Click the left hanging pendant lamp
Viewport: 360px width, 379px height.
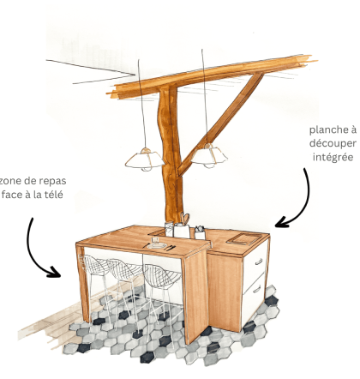tap(144, 159)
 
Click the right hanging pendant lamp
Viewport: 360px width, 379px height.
tap(209, 156)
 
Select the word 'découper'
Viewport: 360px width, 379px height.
tap(333, 143)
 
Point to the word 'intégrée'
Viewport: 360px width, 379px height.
tap(333, 157)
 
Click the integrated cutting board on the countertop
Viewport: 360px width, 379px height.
tap(244, 238)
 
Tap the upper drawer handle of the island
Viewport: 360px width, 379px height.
tap(259, 262)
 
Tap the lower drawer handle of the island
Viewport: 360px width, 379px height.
tap(257, 290)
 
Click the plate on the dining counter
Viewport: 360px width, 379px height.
tap(157, 246)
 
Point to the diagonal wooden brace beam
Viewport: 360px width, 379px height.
tap(219, 123)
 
